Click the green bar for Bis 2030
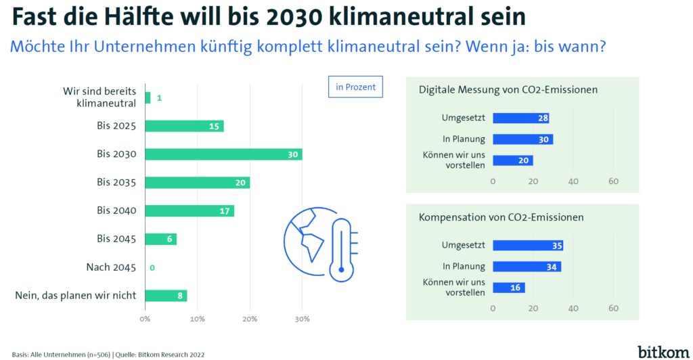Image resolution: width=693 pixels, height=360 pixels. click(x=223, y=154)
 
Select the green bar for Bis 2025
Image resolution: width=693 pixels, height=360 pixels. click(x=184, y=126)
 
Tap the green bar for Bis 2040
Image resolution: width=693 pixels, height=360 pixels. click(x=189, y=210)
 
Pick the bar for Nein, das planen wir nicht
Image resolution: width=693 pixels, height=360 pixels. click(x=166, y=296)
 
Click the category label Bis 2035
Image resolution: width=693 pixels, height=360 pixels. click(x=116, y=182)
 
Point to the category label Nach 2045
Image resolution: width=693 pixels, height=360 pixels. click(x=111, y=267)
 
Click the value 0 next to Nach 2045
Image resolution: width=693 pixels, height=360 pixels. click(x=152, y=268)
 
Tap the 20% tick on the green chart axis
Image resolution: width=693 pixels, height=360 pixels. click(x=250, y=318)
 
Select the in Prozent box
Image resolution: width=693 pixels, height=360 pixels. click(x=355, y=87)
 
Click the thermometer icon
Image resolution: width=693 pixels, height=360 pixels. click(x=342, y=250)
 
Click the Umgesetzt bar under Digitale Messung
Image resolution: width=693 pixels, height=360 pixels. click(x=520, y=118)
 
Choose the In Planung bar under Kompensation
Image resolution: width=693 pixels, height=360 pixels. click(x=527, y=267)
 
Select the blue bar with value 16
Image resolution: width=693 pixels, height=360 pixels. click(x=508, y=288)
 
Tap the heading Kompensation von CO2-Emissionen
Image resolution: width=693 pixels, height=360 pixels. click(x=501, y=217)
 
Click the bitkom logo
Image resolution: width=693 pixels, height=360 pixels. click(x=661, y=351)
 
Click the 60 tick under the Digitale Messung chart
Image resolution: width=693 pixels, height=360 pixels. click(x=614, y=181)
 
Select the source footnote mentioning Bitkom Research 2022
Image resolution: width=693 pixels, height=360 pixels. click(x=108, y=354)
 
